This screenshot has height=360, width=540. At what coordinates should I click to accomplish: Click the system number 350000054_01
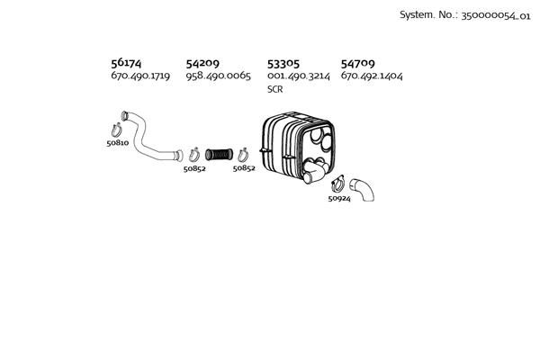pyautogui.click(x=496, y=16)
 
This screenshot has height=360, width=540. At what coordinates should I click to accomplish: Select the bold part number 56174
pyautogui.click(x=126, y=63)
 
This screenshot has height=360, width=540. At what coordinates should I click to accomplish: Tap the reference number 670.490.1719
pyautogui.click(x=140, y=76)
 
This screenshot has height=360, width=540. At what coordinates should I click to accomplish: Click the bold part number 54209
pyautogui.click(x=202, y=63)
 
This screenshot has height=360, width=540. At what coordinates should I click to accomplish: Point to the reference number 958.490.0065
pyautogui.click(x=219, y=76)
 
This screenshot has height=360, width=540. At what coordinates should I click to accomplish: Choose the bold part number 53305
pyautogui.click(x=283, y=64)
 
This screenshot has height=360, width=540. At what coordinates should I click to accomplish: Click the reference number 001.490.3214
pyautogui.click(x=299, y=76)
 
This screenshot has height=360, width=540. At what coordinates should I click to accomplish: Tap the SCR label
pyautogui.click(x=275, y=89)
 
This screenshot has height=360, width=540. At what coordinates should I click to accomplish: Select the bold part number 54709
pyautogui.click(x=358, y=63)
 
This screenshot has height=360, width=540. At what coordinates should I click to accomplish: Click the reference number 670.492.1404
pyautogui.click(x=372, y=76)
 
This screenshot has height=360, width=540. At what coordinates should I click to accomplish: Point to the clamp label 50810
pyautogui.click(x=118, y=142)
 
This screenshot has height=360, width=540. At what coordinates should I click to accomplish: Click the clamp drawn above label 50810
pyautogui.click(x=117, y=130)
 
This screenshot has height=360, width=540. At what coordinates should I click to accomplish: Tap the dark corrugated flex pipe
pyautogui.click(x=219, y=155)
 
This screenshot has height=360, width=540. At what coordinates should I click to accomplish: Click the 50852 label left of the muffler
pyautogui.click(x=244, y=168)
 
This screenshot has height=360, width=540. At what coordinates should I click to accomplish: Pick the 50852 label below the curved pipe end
pyautogui.click(x=194, y=168)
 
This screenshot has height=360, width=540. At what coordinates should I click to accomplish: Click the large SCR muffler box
pyautogui.click(x=298, y=147)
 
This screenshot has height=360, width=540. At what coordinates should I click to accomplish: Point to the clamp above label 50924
pyautogui.click(x=338, y=184)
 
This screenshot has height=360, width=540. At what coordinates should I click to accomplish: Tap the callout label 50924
pyautogui.click(x=339, y=198)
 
